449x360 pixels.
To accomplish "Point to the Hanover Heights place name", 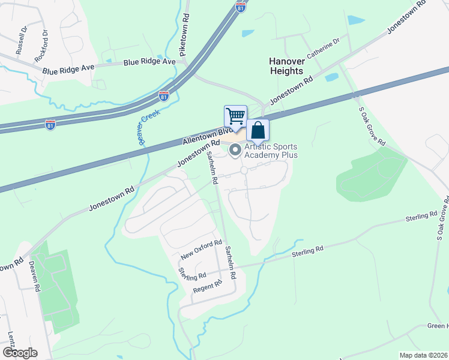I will [286, 66].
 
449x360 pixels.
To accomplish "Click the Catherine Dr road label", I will [324, 49].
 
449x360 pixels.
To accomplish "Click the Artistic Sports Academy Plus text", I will [271, 151].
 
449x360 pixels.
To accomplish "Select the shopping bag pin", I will [258, 130].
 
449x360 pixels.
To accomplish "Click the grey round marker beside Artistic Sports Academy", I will [235, 149].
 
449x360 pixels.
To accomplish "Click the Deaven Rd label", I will [35, 276].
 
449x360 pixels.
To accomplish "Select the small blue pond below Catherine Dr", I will [331, 77].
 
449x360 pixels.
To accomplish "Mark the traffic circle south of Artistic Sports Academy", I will [244, 171].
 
